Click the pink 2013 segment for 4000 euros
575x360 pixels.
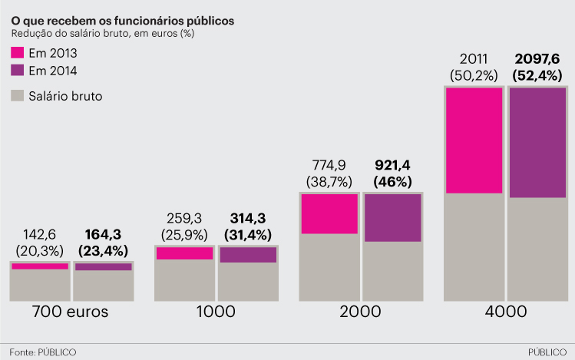coord(474,140)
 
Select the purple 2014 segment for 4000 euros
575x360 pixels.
coord(537,143)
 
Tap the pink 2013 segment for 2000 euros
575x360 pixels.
coord(329,213)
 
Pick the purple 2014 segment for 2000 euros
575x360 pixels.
coord(392,218)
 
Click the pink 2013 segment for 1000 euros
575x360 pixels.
coord(184,253)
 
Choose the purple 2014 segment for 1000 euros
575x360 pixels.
coord(247,255)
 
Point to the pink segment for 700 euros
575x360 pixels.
coord(40,266)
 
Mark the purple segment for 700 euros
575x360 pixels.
coord(103,267)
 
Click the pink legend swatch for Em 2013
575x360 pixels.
coord(17,53)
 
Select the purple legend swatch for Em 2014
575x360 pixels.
coord(17,71)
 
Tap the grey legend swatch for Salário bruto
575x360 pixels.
coord(17,96)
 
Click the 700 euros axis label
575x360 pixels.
coord(70,312)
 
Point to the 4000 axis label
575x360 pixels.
coord(505,312)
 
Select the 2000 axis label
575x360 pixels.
coord(360,312)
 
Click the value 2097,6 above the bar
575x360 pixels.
coord(537,59)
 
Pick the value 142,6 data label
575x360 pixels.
coord(40,234)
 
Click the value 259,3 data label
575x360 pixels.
coord(184,218)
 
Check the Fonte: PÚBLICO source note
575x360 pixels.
coord(43,352)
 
